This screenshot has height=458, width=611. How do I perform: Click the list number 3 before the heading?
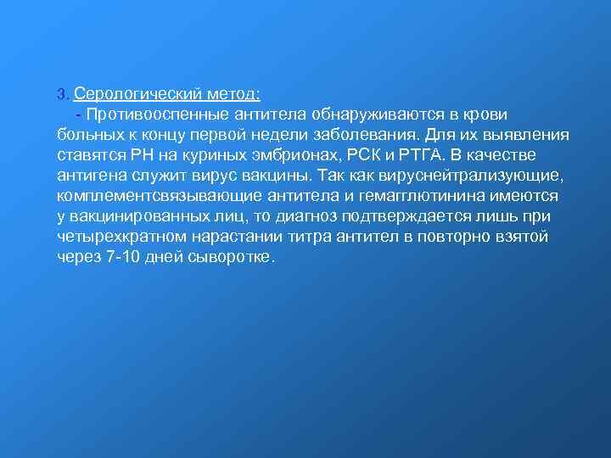point(61,93)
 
